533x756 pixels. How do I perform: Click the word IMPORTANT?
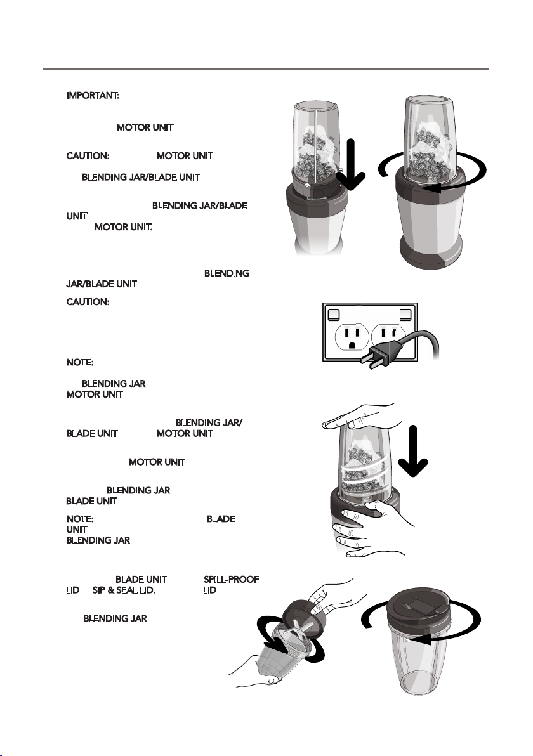pyautogui.click(x=94, y=96)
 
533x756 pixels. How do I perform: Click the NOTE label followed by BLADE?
pyautogui.click(x=81, y=519)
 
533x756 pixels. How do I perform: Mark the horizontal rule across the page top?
pyautogui.click(x=266, y=68)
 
